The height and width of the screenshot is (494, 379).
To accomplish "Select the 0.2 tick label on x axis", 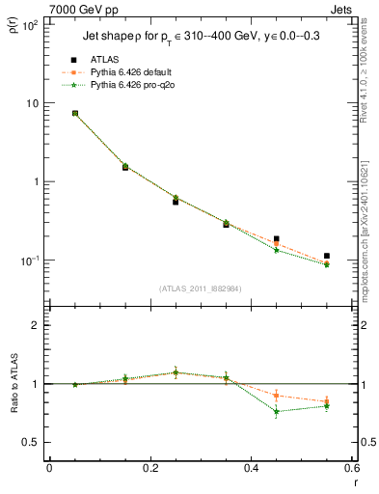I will pos(149,468).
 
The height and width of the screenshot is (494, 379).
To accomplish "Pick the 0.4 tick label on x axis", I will pos(251,468).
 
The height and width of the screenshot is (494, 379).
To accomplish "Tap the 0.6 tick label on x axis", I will pos(351,468).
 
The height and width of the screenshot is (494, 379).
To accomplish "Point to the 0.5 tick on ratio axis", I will pos(32,442).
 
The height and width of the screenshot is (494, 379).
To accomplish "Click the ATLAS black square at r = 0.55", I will pos(327,256).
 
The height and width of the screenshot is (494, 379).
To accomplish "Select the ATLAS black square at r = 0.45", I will pos(277,238).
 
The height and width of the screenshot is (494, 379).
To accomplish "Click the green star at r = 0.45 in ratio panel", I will pos(277,412).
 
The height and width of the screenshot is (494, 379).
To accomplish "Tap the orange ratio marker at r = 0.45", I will pos(277,396).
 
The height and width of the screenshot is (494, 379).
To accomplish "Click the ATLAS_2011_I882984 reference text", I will pos(200,288).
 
